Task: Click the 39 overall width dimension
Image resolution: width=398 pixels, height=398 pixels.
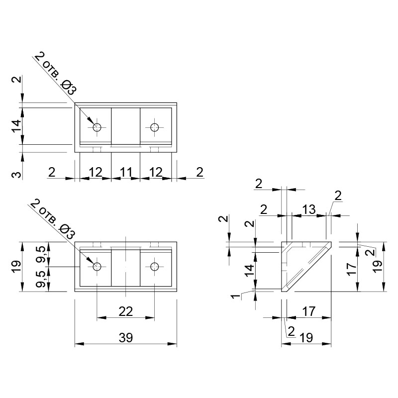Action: tap(126, 338)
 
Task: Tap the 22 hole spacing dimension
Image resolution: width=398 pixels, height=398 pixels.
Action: tap(126, 311)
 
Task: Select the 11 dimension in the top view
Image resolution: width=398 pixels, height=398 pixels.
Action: tap(126, 172)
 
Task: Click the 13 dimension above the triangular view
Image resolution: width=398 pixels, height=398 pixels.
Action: tap(309, 209)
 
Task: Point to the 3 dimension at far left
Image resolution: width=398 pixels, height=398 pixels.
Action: tap(17, 175)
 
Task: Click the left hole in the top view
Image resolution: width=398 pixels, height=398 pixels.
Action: tap(97, 127)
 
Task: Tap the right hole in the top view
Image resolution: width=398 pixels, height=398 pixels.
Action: tap(154, 127)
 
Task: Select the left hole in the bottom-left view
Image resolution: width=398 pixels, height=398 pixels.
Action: tap(97, 267)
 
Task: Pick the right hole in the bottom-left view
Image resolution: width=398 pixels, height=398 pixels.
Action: tap(154, 267)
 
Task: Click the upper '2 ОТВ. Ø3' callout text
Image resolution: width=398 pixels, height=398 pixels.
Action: tap(55, 73)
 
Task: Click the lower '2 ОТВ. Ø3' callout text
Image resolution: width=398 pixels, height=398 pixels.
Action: tap(53, 219)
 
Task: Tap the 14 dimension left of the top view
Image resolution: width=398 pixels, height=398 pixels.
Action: tap(17, 126)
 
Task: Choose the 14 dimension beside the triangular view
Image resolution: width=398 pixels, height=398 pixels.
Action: tap(249, 271)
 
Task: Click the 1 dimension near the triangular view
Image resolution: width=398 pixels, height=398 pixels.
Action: tap(236, 296)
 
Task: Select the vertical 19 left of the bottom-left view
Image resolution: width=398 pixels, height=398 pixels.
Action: tap(17, 267)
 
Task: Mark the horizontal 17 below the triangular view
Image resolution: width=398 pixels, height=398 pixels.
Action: tap(309, 311)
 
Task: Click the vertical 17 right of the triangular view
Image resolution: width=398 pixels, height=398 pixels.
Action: tap(351, 269)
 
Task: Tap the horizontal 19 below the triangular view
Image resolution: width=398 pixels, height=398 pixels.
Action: tap(306, 338)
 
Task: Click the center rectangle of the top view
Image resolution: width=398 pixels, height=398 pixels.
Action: tap(126, 126)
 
